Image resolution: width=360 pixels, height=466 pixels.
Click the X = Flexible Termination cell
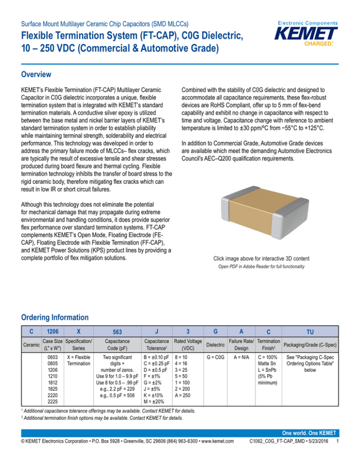point(79,361)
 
